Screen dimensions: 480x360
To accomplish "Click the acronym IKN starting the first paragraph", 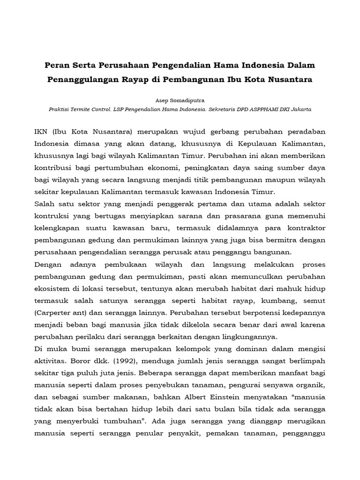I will [43, 131].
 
